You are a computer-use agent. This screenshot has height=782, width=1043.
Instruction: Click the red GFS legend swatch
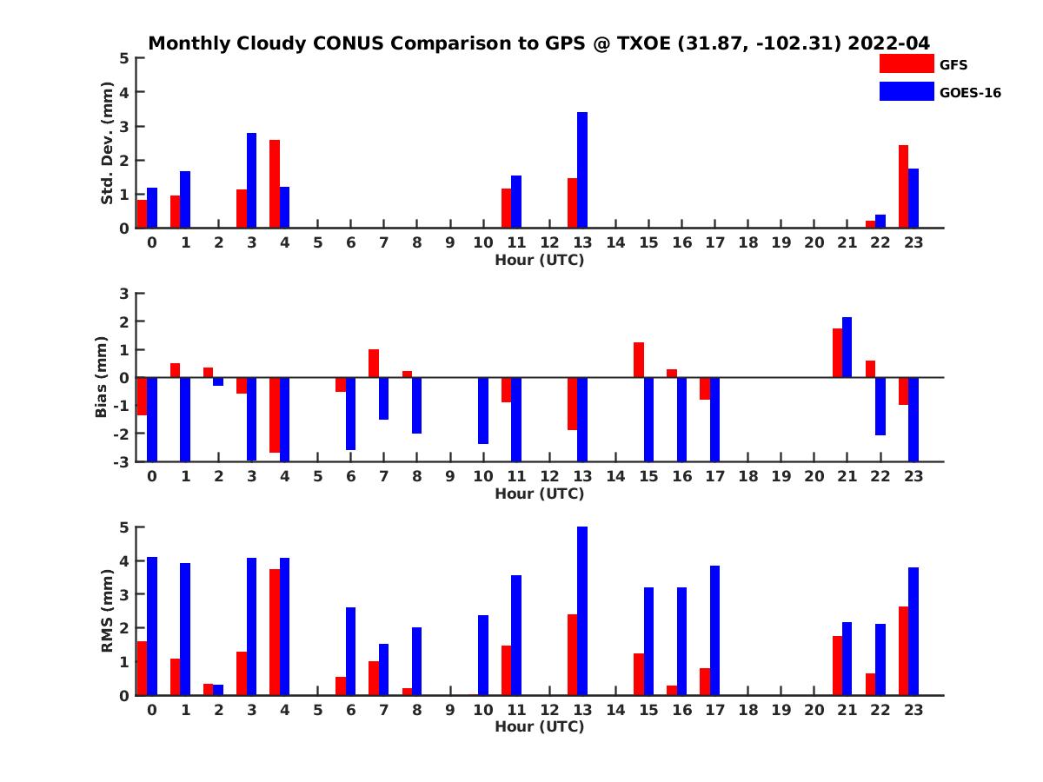(x=906, y=63)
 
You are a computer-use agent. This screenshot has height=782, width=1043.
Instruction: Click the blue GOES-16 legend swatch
(x=906, y=90)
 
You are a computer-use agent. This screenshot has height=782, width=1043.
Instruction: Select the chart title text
(x=539, y=43)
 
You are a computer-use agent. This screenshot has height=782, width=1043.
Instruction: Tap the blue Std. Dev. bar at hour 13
(x=582, y=170)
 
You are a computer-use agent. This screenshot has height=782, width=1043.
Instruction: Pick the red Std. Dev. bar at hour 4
(x=275, y=184)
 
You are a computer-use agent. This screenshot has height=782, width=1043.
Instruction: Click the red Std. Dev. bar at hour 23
(x=904, y=187)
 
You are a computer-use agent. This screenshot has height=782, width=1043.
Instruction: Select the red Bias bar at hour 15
(x=639, y=360)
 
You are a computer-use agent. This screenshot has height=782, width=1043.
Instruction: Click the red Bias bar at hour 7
(x=374, y=363)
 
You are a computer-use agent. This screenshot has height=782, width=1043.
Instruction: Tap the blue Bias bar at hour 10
(x=483, y=410)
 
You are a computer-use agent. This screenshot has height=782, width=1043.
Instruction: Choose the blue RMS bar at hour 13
(x=582, y=611)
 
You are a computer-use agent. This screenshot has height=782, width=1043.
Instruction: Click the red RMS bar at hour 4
(x=275, y=632)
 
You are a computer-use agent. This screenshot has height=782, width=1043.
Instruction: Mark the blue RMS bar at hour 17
(x=714, y=630)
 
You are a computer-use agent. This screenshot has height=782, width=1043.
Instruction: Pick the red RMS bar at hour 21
(x=837, y=666)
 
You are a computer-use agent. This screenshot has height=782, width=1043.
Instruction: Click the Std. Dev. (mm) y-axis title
(x=108, y=143)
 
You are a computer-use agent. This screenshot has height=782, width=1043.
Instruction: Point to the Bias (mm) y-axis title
(x=101, y=377)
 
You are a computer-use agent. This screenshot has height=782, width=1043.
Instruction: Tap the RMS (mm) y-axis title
(x=108, y=612)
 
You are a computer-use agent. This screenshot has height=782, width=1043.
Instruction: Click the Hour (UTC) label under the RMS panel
(x=539, y=726)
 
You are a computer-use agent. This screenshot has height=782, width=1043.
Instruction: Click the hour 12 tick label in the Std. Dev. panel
(x=549, y=242)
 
